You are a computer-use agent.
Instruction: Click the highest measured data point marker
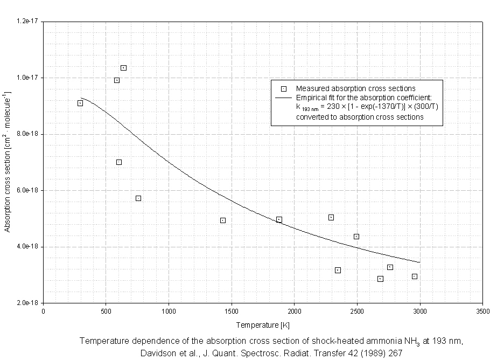pos(123,68)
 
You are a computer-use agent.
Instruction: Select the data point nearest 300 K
pos(80,103)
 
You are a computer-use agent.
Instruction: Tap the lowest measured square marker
pos(380,279)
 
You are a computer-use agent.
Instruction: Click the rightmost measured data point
pos(415,276)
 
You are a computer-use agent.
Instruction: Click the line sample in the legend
pos(284,98)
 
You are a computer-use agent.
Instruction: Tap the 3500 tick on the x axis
pos(482,311)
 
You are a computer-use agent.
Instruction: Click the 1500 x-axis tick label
pos(232,311)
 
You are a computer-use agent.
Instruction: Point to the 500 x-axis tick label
pos(106,311)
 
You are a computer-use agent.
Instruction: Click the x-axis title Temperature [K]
pos(263,326)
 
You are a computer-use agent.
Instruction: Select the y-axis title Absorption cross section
pos(8,178)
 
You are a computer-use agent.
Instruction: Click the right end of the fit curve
pos(419,262)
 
